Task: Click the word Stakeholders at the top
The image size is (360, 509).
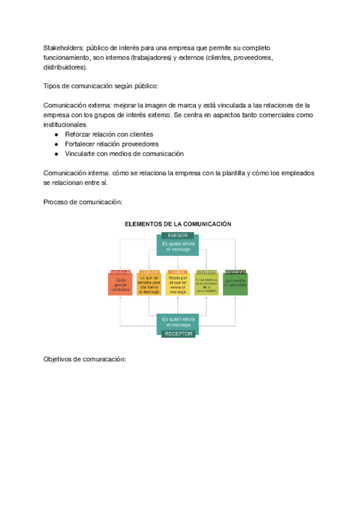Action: [x=62, y=47]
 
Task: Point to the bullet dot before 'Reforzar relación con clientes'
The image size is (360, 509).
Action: [x=56, y=134]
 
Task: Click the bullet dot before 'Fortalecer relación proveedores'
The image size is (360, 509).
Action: [x=56, y=144]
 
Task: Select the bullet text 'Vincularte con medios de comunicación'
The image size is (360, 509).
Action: [x=124, y=154]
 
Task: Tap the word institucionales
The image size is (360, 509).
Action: [x=65, y=124]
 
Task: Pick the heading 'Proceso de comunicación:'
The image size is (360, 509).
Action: [x=83, y=202]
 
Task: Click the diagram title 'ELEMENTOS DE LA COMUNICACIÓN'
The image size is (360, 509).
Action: [x=178, y=224]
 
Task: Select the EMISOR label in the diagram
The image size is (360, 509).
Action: [x=178, y=235]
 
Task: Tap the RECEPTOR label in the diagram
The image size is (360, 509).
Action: [x=178, y=333]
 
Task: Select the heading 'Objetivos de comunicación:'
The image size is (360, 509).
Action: [x=85, y=359]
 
